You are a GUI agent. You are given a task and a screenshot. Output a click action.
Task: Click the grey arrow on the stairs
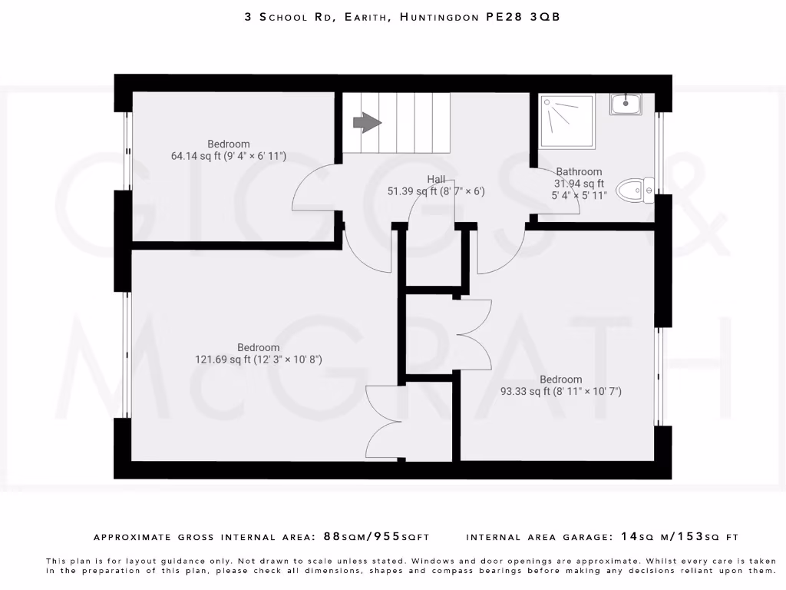pyautogui.click(x=367, y=122)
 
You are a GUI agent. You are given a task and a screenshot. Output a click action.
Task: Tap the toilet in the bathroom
pyautogui.click(x=635, y=189)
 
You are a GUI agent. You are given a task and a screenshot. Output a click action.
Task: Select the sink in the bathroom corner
pyautogui.click(x=626, y=104)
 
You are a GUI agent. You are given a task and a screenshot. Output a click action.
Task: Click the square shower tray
pyautogui.click(x=567, y=121)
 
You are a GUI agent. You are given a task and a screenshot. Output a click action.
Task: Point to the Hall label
pyautogui.click(x=436, y=180)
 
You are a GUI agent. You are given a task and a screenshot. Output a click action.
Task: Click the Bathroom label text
pyautogui.click(x=579, y=172)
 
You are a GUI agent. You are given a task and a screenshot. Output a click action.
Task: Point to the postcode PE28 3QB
pyautogui.click(x=523, y=16)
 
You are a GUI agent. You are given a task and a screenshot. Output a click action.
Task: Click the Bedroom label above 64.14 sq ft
pyautogui.click(x=229, y=144)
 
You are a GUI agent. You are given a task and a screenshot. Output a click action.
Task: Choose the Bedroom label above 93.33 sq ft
pyautogui.click(x=561, y=380)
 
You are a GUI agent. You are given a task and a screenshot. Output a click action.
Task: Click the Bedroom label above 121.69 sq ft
pyautogui.click(x=258, y=348)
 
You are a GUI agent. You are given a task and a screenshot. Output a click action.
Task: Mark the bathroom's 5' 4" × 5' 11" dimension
pyautogui.click(x=579, y=195)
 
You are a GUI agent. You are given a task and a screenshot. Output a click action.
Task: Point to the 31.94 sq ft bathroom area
pyautogui.click(x=579, y=184)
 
